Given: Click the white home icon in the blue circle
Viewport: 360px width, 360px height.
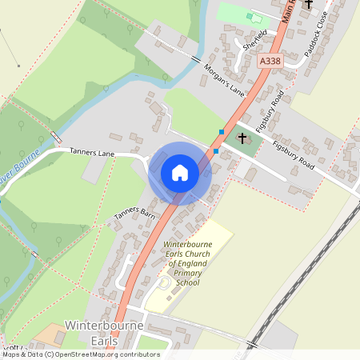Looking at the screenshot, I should (180, 173).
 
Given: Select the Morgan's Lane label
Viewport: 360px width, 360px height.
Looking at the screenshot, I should (224, 81).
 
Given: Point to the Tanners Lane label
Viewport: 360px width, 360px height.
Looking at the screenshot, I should (94, 151).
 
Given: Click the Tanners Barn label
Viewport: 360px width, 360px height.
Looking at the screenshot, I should (134, 212).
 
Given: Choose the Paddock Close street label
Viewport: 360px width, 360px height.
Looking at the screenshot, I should (316, 40).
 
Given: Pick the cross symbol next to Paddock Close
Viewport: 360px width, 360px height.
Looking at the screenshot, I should (308, 4).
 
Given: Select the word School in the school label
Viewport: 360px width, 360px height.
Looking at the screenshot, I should (187, 282).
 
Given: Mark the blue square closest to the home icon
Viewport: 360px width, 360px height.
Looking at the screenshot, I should (215, 150).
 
